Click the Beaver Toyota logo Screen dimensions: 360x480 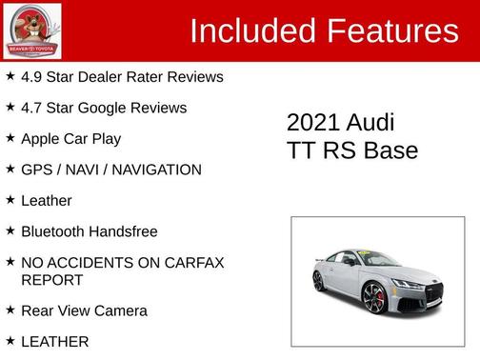point(32,30)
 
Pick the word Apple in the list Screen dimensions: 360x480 point(41,139)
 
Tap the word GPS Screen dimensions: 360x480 point(37,170)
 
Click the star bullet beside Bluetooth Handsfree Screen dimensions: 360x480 point(10,230)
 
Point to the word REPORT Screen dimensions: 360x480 point(51,280)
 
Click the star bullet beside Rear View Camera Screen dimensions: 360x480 point(10,310)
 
